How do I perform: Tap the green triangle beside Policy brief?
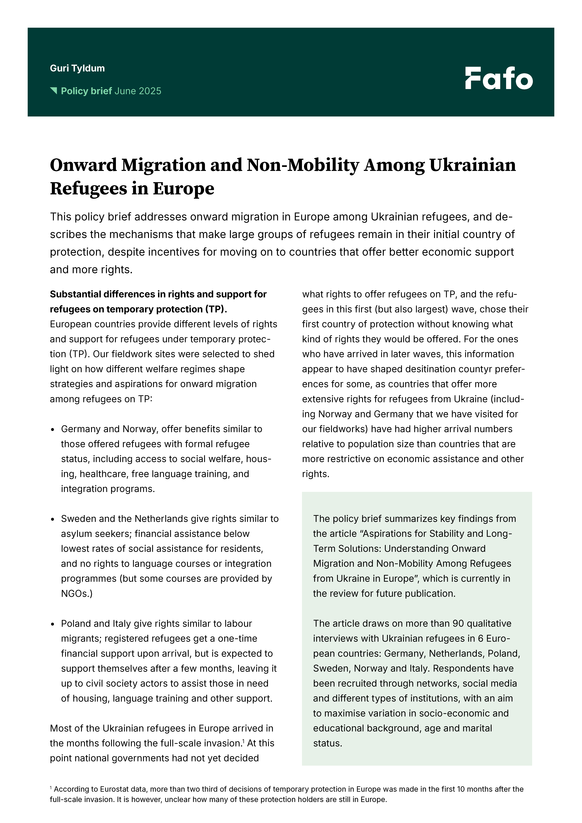coord(54,91)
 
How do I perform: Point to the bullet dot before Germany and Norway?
coord(53,429)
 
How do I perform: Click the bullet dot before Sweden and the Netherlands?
coord(53,519)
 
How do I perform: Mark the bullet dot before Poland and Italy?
coord(53,624)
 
